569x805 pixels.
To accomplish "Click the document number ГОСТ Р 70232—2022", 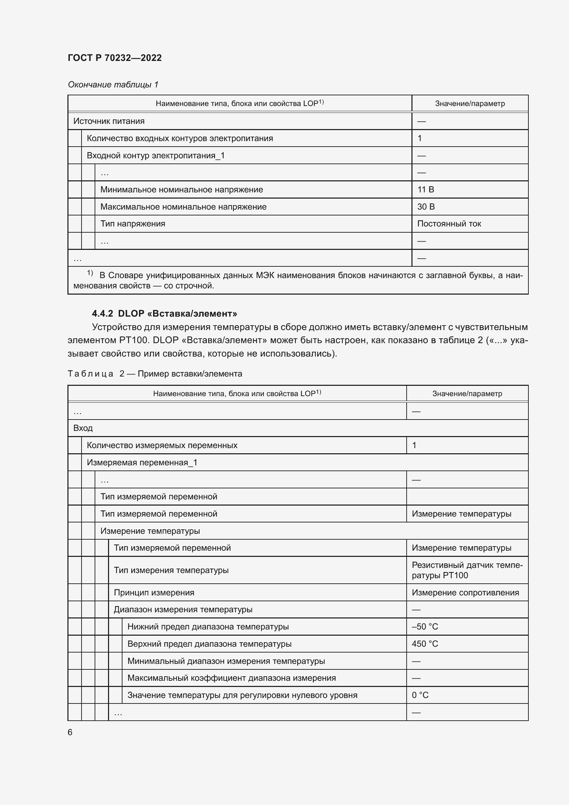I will pos(115,58).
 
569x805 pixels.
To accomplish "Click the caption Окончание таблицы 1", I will pos(113,85).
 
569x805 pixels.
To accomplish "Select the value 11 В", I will pos(425,190).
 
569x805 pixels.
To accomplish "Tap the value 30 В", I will pos(426,207).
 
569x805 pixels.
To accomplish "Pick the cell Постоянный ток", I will pos(449,224).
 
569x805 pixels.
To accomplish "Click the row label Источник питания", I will pos(109,121).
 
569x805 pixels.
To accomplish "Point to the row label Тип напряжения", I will pos(132,224).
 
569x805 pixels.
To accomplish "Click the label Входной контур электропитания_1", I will pos(155,155).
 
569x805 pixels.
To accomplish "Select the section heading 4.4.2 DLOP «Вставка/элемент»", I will pos(164,314).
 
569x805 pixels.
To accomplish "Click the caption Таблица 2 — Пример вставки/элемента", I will pos(154,374).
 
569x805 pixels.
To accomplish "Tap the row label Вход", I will pos(83,428).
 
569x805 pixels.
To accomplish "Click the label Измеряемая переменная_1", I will pos(142,463).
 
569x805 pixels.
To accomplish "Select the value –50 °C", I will pos(425,626).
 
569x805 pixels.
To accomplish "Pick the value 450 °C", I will pos(425,644).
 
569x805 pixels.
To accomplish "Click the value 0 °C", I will pos(420,695).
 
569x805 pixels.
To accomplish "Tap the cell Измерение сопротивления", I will pos(465,593).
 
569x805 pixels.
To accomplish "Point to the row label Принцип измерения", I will pos(154,593).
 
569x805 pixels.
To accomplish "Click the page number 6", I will pos(70,732).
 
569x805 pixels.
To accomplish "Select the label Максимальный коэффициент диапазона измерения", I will pos(231,678).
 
